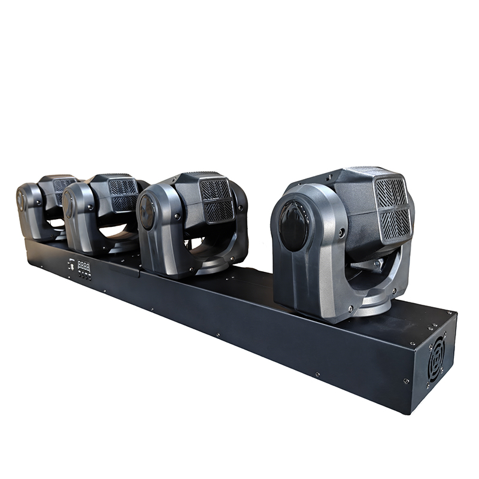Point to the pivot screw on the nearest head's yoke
[x=342, y=232]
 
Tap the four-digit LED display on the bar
[x=84, y=265]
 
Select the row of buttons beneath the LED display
[x=84, y=275]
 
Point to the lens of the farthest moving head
[x=21, y=199]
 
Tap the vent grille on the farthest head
[x=63, y=187]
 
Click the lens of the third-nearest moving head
[x=69, y=205]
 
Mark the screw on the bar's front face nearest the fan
[x=406, y=381]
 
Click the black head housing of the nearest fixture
[x=359, y=198]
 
